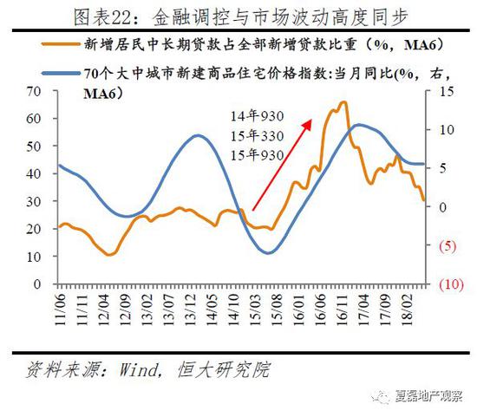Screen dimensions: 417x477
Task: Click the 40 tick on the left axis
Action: pyautogui.click(x=36, y=173)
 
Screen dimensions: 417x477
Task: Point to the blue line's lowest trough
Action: pyautogui.click(x=268, y=253)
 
